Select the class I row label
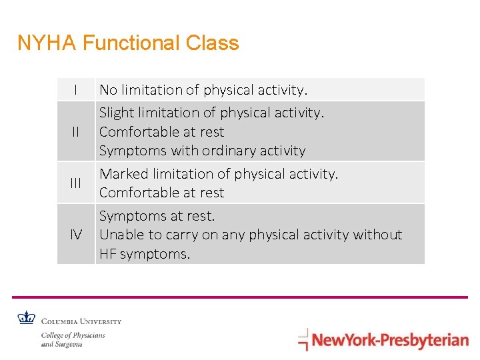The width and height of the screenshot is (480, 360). point(76,89)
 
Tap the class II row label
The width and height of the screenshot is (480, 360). point(76,132)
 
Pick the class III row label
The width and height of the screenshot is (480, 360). point(76,183)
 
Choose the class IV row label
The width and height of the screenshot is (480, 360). point(76,235)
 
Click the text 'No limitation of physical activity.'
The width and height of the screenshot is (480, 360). point(203,89)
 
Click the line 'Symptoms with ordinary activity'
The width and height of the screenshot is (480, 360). point(202,151)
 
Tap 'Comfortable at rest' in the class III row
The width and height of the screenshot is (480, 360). point(161,193)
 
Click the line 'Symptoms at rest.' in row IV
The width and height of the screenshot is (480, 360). point(157,216)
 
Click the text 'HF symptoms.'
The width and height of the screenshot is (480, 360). point(144,254)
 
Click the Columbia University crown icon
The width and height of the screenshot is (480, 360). point(26,318)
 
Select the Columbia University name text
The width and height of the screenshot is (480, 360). point(81,321)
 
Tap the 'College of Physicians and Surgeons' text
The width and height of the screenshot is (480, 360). point(73,339)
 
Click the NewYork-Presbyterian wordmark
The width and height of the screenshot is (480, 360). point(390,341)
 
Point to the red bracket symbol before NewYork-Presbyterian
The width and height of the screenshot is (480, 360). point(303,339)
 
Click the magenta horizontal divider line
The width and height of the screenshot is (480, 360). point(240,297)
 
